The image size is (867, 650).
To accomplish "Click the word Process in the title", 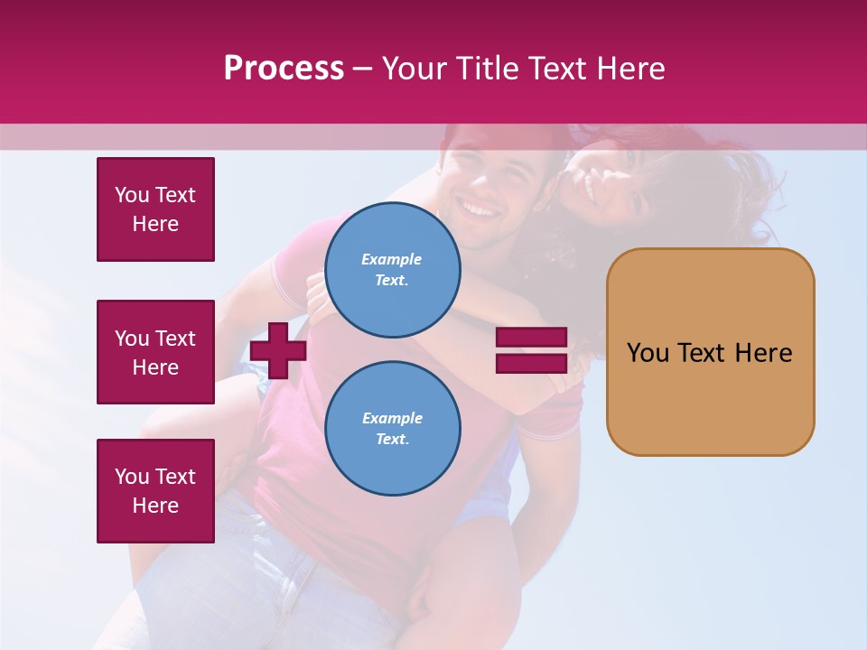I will tap(284, 69).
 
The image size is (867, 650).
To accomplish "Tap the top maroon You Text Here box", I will tap(155, 209).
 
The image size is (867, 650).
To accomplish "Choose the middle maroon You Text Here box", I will tap(155, 352).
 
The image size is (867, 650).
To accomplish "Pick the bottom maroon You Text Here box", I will tap(155, 491).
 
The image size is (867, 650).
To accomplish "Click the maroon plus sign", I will tap(278, 350).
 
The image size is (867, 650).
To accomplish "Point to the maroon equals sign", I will tap(531, 350).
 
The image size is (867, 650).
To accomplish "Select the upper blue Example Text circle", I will tap(393, 270).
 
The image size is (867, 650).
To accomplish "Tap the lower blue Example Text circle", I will tap(393, 429).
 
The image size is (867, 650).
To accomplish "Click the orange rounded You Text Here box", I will tap(710, 352).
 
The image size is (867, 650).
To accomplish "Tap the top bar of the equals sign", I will tap(531, 338).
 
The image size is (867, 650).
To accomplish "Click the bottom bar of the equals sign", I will tap(531, 363).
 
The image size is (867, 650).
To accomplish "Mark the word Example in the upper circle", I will tap(391, 259).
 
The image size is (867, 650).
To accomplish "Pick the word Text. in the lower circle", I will tap(392, 440).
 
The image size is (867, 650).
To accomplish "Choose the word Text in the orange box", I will tap(704, 353).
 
